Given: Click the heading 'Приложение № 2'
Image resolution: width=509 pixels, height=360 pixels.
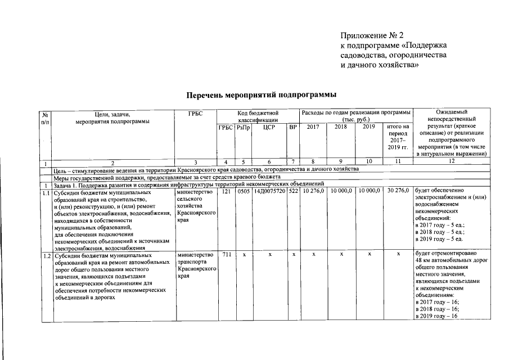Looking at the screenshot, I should click(372, 36).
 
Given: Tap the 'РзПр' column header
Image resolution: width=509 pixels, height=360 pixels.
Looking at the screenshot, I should click(244, 128).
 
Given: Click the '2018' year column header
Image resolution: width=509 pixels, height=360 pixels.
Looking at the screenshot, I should click(341, 128).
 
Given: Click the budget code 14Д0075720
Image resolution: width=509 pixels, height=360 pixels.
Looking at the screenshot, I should click(269, 192).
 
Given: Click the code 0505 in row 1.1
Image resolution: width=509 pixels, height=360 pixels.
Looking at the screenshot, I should click(243, 192).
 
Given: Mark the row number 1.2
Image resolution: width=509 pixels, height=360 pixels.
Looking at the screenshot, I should click(46, 256).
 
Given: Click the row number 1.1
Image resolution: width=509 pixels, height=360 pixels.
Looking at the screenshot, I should click(46, 192).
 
